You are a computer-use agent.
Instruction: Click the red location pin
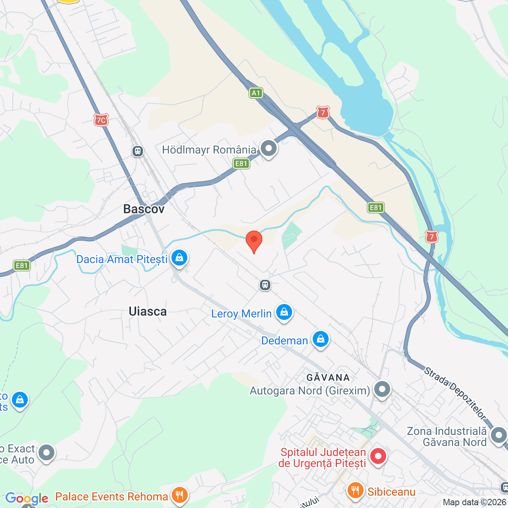click(x=254, y=241)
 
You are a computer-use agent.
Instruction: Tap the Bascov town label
click(x=144, y=209)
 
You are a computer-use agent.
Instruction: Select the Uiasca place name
click(x=148, y=312)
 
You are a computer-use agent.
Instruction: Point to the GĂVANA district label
click(x=328, y=377)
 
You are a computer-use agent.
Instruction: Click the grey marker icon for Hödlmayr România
click(x=269, y=148)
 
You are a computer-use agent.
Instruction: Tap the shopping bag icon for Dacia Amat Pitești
click(x=179, y=258)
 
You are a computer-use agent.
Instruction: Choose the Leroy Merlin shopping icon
click(x=284, y=312)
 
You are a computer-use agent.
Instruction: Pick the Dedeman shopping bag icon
click(x=320, y=339)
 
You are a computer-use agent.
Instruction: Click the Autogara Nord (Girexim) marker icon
click(x=382, y=389)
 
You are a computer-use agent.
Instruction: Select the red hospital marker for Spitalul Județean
click(x=378, y=456)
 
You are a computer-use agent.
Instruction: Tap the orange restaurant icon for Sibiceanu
click(x=355, y=491)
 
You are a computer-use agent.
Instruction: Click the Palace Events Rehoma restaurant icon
click(x=179, y=495)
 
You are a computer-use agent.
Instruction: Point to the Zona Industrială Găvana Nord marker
click(x=498, y=435)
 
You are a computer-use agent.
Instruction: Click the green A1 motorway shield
click(x=256, y=93)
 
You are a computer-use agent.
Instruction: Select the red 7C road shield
click(x=101, y=120)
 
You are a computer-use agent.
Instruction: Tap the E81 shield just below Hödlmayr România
click(x=241, y=164)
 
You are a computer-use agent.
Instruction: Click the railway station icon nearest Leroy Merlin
click(x=265, y=285)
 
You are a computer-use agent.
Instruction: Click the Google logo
click(x=27, y=498)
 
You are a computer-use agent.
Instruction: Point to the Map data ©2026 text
click(x=475, y=502)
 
